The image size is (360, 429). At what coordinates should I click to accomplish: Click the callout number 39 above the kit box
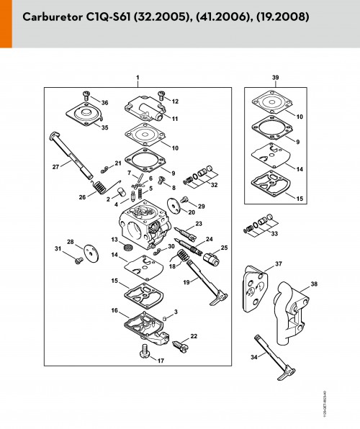pos(276,78)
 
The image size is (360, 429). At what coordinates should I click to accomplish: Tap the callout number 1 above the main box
pos(138,78)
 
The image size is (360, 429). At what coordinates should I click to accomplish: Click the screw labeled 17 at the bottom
pos(144,351)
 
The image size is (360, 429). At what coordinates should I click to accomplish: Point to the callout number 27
pos(55,166)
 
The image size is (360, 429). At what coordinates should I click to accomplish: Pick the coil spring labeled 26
pos(100,188)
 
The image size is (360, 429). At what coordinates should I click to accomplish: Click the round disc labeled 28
pos(91,253)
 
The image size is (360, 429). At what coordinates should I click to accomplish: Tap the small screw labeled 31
pos(79,261)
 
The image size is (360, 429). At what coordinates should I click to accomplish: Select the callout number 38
pos(314,284)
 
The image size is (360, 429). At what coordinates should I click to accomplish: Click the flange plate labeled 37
pos(255,289)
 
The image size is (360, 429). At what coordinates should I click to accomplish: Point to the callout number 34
pos(254,357)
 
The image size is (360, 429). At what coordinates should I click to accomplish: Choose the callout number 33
pos(274,233)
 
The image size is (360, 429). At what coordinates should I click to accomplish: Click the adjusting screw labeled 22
pos(181,346)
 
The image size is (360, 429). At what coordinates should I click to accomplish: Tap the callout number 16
pos(114,310)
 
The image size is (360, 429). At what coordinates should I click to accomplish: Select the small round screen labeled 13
pos(127,247)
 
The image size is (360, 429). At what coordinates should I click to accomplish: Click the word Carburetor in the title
pos(53,17)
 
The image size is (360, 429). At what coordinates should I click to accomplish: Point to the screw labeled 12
pos(161,95)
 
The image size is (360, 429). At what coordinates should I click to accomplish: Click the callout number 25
pos(224,248)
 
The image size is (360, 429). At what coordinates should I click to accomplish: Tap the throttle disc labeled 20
pos(174,205)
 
